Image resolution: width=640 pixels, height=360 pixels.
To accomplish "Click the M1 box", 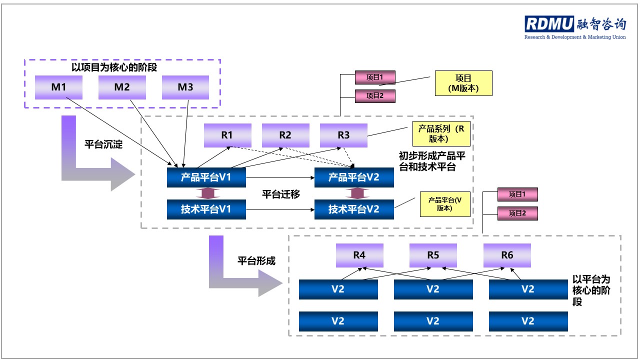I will pyautogui.click(x=58, y=87).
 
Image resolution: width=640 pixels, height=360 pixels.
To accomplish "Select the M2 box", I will pyautogui.click(x=122, y=87).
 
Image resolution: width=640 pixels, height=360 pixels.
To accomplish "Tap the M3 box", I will pyautogui.click(x=185, y=87).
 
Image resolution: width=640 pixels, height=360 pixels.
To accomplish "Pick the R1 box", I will pyautogui.click(x=227, y=135).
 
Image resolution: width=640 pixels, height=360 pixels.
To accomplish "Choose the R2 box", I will pyautogui.click(x=285, y=135).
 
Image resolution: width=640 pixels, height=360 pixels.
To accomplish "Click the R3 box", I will pyautogui.click(x=343, y=135).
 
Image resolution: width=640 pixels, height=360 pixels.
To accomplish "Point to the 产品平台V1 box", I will pyautogui.click(x=206, y=177).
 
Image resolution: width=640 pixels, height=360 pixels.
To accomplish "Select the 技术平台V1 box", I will pyautogui.click(x=206, y=209).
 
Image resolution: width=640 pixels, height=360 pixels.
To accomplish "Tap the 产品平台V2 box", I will pyautogui.click(x=353, y=177).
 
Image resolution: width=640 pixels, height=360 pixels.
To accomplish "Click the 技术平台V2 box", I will pyautogui.click(x=353, y=209).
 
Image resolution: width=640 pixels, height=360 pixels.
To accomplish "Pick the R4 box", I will pyautogui.click(x=359, y=255).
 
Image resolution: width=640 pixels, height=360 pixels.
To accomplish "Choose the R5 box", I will pyautogui.click(x=433, y=255).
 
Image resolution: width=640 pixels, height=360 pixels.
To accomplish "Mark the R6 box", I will pyautogui.click(x=507, y=255).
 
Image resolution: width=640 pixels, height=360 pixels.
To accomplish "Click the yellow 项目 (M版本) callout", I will pyautogui.click(x=463, y=83).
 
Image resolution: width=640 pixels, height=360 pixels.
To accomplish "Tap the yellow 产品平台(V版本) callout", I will pyautogui.click(x=445, y=204).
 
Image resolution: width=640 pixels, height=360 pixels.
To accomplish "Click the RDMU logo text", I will pyautogui.click(x=549, y=24).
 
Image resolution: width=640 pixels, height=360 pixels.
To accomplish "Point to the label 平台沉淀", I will pyautogui.click(x=103, y=145).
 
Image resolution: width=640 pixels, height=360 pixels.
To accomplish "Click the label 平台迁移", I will pyautogui.click(x=281, y=194).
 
